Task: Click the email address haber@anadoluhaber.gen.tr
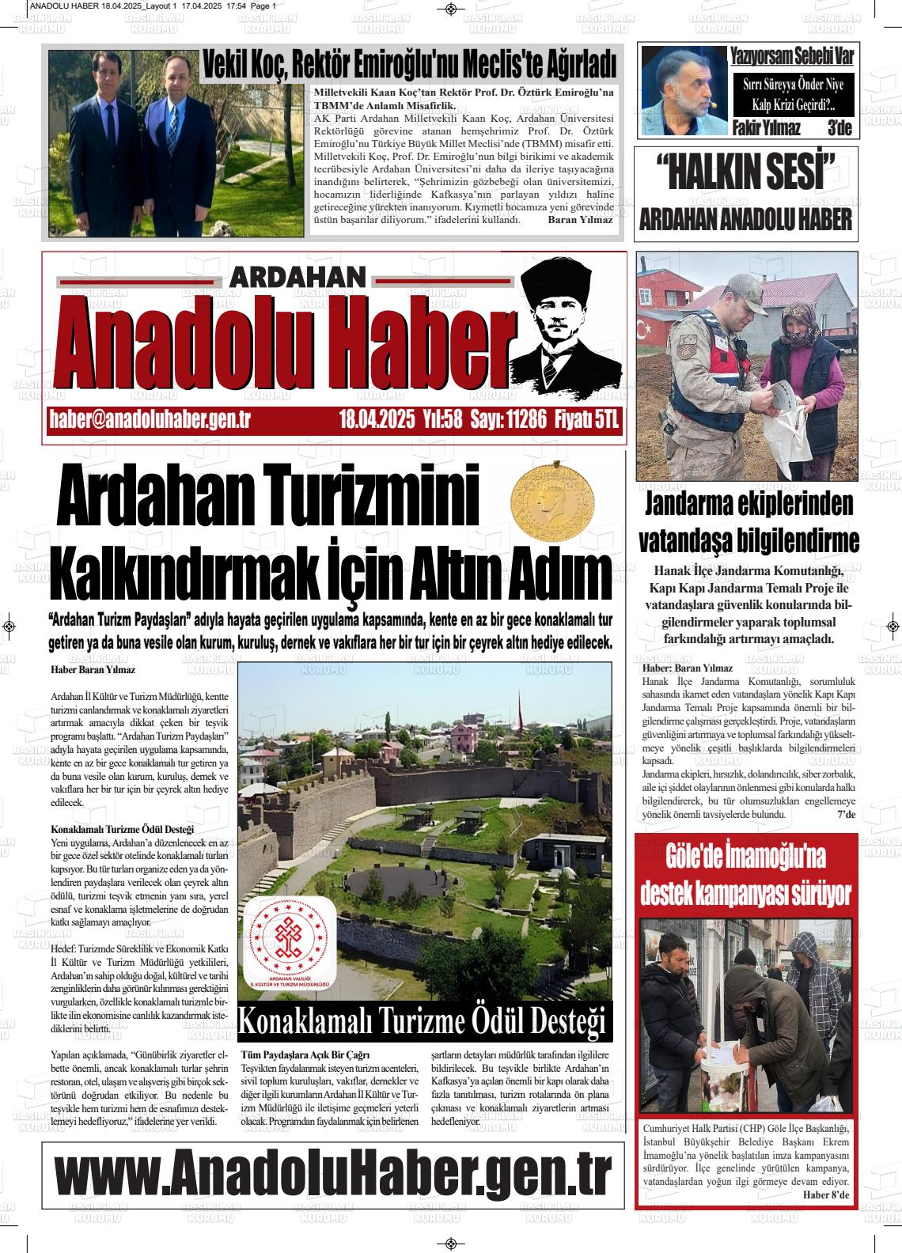pyautogui.click(x=150, y=419)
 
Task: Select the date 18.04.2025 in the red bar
pyautogui.click(x=377, y=419)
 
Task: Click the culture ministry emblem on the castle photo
pyautogui.click(x=290, y=947)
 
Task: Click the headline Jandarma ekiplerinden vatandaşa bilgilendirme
pyautogui.click(x=748, y=522)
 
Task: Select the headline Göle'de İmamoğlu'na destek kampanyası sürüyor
pyautogui.click(x=746, y=875)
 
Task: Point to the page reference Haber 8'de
pyautogui.click(x=825, y=1194)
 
